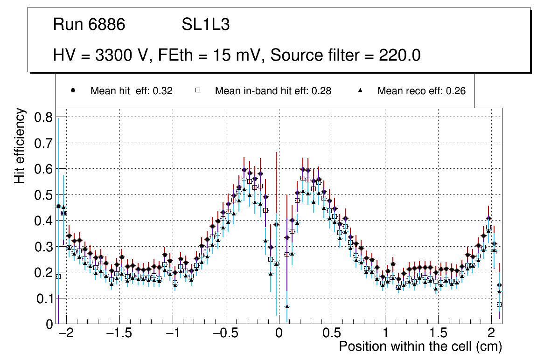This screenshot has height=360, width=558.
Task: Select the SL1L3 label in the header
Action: tap(205, 25)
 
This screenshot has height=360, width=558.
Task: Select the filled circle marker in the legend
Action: tap(73, 91)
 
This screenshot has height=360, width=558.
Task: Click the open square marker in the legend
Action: tap(197, 91)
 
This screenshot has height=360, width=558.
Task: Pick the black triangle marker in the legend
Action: tap(360, 91)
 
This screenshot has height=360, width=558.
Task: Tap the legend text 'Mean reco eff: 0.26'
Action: tap(421, 91)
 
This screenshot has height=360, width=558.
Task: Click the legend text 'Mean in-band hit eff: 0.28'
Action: tap(273, 91)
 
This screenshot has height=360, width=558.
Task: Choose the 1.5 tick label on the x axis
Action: tap(438, 334)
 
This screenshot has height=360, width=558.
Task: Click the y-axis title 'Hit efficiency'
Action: tap(20, 145)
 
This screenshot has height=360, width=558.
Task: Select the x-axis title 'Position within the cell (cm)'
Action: tap(420, 346)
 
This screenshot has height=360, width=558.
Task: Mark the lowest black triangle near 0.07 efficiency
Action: tap(287, 306)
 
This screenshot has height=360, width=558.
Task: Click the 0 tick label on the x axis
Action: tap(279, 334)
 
